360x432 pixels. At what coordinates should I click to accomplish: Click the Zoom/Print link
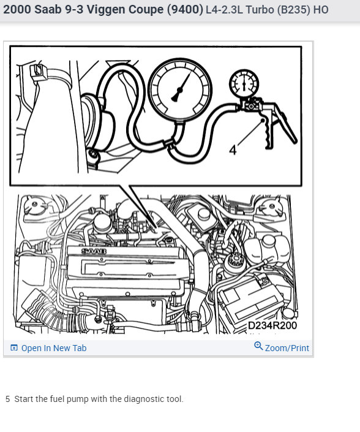pos(287,348)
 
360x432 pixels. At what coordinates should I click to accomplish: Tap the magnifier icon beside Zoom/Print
pos(258,346)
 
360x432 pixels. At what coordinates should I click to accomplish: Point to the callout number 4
pos(233,150)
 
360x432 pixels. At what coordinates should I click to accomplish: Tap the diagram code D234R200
pos(272,325)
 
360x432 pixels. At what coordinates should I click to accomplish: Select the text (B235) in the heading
pos(294,10)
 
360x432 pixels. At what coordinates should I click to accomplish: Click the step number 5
pos(8,399)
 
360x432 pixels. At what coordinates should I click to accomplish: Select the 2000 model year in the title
pos(17,9)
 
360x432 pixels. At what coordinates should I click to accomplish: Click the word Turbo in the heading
pos(260,10)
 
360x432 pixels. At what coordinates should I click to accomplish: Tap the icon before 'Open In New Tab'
pos(13,347)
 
